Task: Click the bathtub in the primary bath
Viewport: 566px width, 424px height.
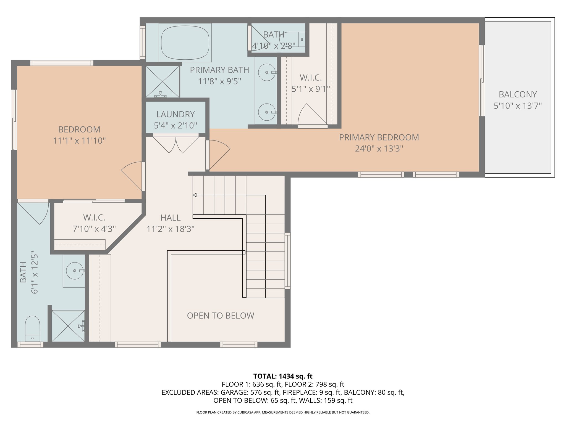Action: (185, 43)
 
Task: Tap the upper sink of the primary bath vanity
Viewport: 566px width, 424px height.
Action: (267, 72)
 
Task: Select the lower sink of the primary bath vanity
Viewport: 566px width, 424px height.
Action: (267, 112)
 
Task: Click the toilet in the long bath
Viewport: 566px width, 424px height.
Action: (33, 328)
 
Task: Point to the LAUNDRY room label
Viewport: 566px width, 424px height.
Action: (175, 114)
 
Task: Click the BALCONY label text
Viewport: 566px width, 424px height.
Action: (518, 94)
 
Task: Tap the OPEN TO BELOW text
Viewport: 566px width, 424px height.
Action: (221, 316)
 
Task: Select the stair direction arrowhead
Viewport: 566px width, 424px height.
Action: (195, 195)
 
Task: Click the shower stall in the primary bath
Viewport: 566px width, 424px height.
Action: (163, 82)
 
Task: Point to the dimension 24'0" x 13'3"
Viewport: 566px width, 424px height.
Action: (379, 149)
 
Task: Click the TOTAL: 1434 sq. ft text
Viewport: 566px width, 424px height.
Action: (283, 376)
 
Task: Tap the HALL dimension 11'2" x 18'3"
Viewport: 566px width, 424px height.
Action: (171, 229)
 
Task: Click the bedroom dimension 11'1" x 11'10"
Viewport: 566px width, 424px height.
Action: (79, 141)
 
